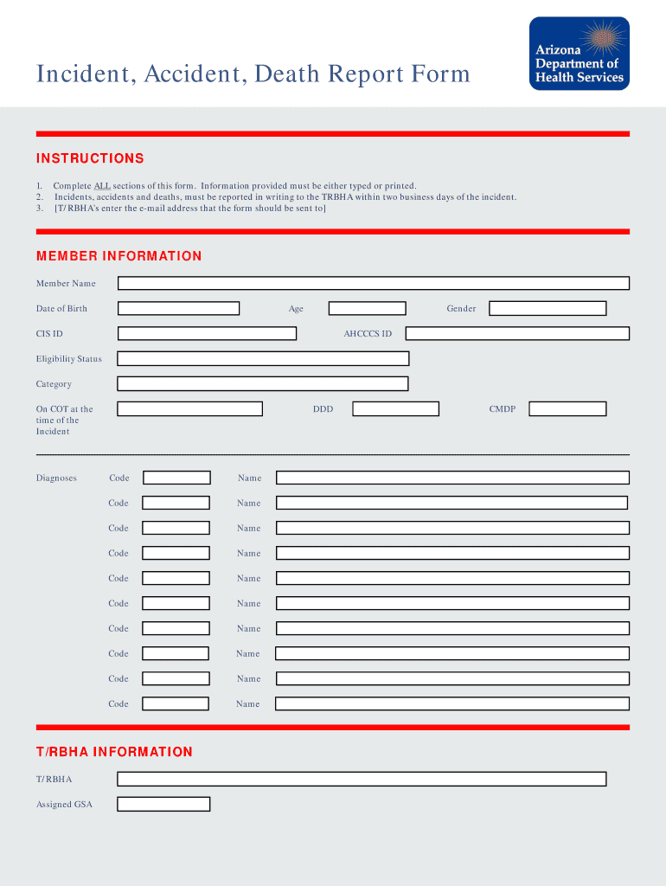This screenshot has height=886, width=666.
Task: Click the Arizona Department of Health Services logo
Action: (x=579, y=54)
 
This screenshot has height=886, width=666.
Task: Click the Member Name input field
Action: (x=373, y=283)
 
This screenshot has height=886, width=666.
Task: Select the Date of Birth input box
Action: (x=178, y=308)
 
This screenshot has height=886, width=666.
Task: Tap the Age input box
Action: (x=367, y=308)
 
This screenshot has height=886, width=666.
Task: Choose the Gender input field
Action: (x=548, y=308)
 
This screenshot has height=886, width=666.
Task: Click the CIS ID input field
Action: (x=207, y=333)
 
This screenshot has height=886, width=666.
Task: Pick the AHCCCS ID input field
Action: (x=517, y=333)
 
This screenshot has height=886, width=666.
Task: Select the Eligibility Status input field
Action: (x=263, y=358)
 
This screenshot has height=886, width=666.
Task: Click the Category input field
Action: (x=263, y=383)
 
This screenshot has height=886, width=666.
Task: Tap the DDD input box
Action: (x=395, y=408)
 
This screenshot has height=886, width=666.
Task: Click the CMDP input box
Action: (x=567, y=408)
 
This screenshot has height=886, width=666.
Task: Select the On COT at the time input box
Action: (x=189, y=408)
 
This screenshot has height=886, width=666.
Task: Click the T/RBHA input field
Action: (x=362, y=779)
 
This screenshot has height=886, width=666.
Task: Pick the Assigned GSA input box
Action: (x=163, y=804)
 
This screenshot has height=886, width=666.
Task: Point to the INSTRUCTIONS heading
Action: (x=90, y=158)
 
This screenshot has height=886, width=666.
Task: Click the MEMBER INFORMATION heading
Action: (x=118, y=256)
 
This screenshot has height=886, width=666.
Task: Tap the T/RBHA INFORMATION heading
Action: (x=114, y=752)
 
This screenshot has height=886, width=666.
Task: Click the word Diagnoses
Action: (x=56, y=478)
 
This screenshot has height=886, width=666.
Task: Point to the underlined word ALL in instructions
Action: (x=102, y=186)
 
